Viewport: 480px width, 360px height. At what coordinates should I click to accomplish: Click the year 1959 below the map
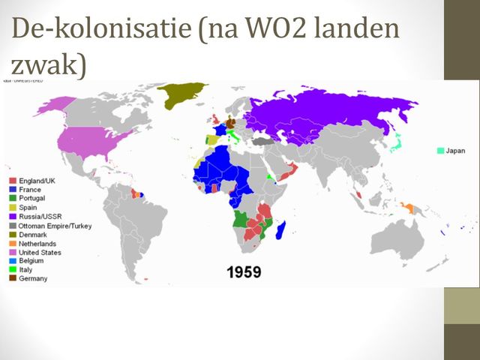point(244,271)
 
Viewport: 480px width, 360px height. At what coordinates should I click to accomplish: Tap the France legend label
point(31,190)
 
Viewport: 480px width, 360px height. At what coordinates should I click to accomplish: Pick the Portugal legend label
point(34,199)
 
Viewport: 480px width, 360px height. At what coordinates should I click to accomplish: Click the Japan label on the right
point(455,151)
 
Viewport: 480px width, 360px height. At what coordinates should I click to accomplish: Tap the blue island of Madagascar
point(281,226)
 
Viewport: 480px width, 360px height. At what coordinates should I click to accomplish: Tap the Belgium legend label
point(33,261)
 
